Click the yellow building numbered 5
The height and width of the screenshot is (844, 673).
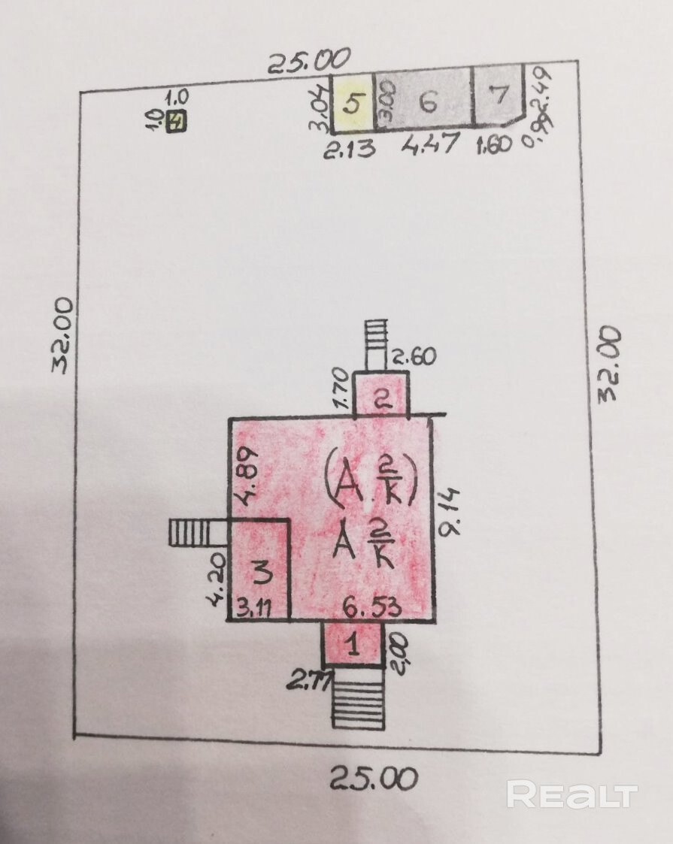pos(353,102)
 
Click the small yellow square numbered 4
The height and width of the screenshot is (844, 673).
pos(177,121)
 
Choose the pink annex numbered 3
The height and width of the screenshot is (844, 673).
pos(260,570)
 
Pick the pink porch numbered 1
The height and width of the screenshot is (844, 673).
pos(353,643)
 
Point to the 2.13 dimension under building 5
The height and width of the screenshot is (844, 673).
pos(349,150)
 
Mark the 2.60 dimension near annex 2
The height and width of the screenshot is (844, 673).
pos(414,356)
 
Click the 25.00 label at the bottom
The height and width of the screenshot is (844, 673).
pos(374,778)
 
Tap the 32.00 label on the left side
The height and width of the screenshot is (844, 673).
pos(63,334)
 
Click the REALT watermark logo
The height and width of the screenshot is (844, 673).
pos(571,794)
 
